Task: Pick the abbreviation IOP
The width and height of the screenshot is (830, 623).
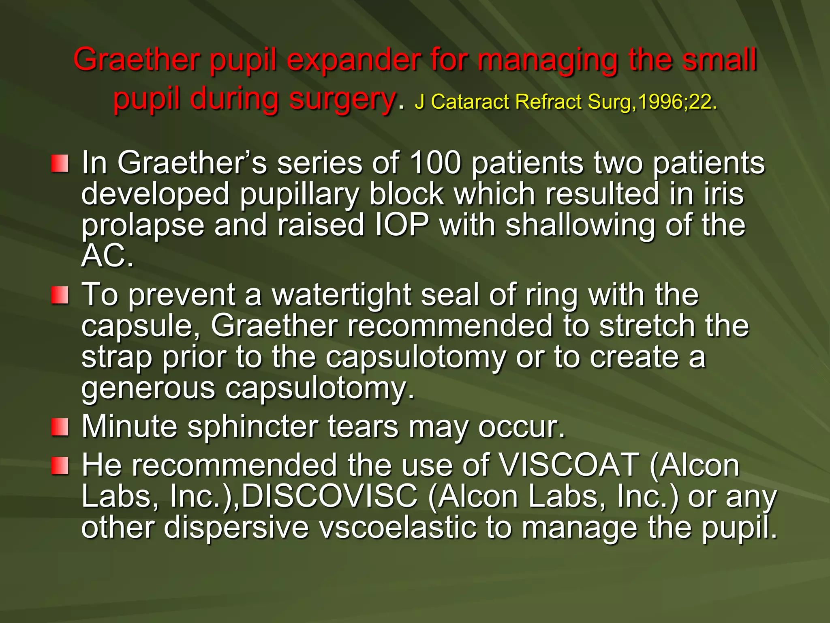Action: click(x=401, y=225)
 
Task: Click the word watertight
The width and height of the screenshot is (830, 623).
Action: click(x=341, y=295)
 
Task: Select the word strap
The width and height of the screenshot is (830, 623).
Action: click(x=117, y=358)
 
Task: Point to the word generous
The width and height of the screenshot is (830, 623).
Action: click(x=148, y=389)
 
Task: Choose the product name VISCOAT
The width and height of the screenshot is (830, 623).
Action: click(x=569, y=465)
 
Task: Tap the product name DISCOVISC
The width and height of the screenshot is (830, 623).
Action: click(x=329, y=496)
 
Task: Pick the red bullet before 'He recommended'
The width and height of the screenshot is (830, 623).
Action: click(x=60, y=465)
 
